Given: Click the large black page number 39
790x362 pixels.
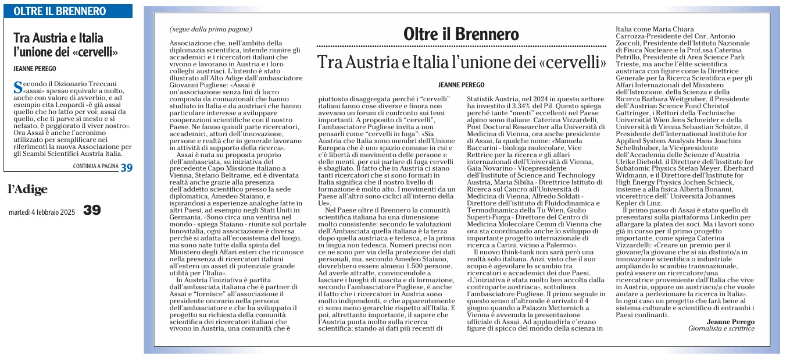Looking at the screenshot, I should tap(92, 210).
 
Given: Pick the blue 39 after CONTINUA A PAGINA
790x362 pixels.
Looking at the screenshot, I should tap(126, 167).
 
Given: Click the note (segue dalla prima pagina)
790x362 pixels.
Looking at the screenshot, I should tap(211, 29).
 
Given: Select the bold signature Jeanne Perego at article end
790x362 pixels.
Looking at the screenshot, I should tap(731, 321).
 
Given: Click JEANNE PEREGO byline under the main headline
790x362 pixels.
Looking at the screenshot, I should tap(462, 85).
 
